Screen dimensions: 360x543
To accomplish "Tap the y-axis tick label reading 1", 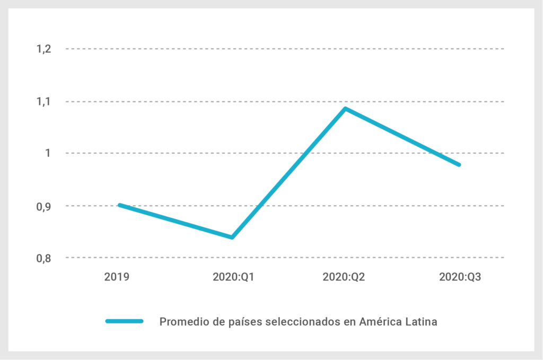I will [47, 153].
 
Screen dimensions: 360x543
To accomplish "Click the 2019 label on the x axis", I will [117, 277].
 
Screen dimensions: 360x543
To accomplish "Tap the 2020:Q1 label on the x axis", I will [232, 277].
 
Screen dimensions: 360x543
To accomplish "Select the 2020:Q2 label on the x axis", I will [345, 277].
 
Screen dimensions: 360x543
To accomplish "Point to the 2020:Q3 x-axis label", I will [460, 277].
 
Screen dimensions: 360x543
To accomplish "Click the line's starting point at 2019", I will [119, 205].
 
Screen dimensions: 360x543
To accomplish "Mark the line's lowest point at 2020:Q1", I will [232, 237].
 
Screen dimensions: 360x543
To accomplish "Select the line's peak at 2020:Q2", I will [345, 109].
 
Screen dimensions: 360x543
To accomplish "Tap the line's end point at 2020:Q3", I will [459, 165].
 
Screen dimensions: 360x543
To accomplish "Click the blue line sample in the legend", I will [125, 321].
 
